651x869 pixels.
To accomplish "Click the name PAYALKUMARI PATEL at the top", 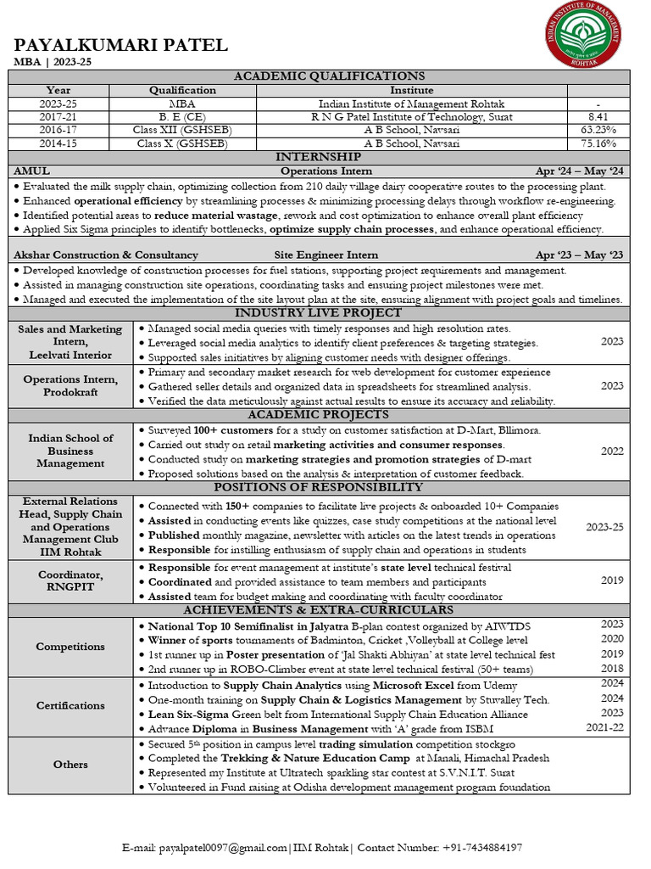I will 121,45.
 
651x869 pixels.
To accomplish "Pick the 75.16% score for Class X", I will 598,143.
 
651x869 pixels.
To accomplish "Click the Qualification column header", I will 182,90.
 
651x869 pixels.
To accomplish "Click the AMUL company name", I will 32,171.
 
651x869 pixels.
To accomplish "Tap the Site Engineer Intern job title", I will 325,255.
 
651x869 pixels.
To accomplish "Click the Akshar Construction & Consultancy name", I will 106,255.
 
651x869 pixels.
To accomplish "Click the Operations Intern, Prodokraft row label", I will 70,386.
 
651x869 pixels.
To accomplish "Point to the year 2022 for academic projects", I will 612,451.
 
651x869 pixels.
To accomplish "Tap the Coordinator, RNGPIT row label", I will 70,581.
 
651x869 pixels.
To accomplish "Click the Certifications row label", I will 70,705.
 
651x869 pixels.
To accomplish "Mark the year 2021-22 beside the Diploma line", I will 604,727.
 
